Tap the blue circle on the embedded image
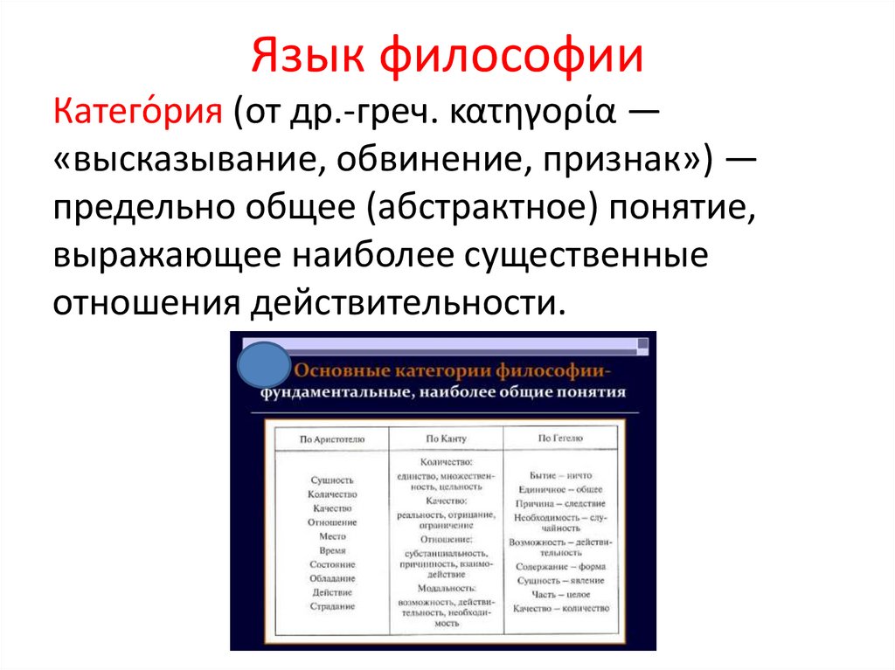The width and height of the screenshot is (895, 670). click(262, 366)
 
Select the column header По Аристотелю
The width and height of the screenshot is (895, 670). click(331, 438)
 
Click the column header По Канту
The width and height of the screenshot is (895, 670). click(446, 438)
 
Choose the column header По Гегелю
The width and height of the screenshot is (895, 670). click(560, 438)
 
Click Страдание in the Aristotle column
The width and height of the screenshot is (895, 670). click(332, 606)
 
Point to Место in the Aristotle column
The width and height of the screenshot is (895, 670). click(332, 536)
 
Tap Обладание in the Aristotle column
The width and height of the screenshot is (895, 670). click(332, 578)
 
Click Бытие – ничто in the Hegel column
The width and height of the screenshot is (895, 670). click(560, 474)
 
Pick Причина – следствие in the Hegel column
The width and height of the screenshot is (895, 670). click(560, 504)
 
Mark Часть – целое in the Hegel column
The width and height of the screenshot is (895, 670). click(560, 594)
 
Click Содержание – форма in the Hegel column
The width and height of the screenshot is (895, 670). click(560, 566)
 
